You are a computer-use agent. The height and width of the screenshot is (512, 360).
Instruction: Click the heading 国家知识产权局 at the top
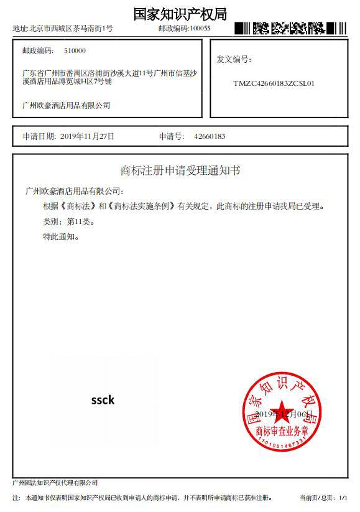(180, 14)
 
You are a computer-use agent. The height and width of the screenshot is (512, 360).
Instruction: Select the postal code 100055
(200, 29)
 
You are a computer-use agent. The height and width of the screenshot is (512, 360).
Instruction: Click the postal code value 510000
(75, 51)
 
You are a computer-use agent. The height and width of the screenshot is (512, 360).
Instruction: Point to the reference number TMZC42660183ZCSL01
(274, 83)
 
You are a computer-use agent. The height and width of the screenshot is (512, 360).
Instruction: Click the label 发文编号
(234, 60)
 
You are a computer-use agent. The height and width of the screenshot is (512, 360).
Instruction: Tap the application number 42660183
(210, 136)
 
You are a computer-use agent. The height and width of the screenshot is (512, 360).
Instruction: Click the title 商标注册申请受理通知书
(180, 170)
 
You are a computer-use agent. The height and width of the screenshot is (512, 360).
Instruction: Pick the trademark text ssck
(103, 400)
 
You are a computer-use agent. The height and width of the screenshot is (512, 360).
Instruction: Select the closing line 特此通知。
(61, 237)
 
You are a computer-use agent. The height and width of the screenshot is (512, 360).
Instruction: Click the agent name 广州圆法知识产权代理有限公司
(55, 483)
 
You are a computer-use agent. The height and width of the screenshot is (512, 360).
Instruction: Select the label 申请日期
(39, 136)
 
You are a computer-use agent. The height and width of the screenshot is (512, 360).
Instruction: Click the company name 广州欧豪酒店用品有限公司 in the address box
(66, 106)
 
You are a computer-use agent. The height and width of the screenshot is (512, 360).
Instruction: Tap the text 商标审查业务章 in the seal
(283, 431)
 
